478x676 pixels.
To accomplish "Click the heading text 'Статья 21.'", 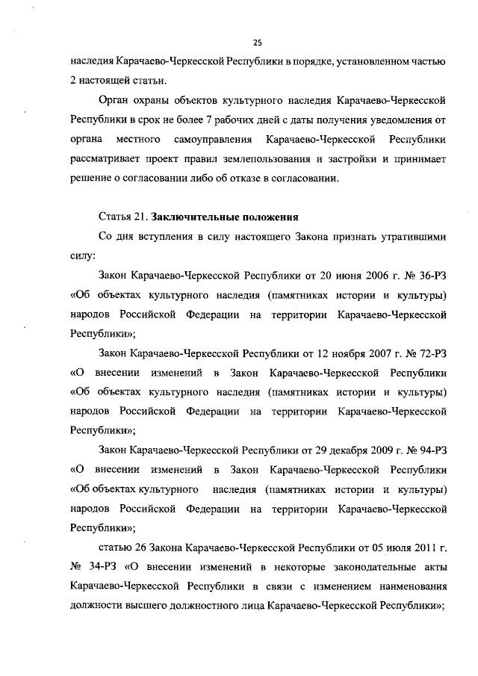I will [x=122, y=217].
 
